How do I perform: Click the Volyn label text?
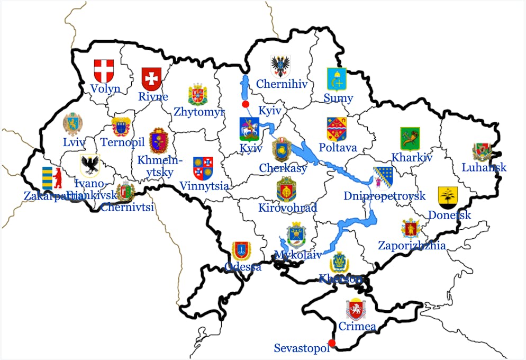[105, 88]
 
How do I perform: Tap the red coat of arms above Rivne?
[152, 79]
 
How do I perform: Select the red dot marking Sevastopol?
[332, 343]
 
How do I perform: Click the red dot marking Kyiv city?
[245, 104]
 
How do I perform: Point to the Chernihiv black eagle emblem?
[280, 67]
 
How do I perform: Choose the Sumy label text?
[338, 98]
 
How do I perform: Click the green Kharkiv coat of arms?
[410, 139]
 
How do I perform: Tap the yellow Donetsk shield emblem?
[448, 197]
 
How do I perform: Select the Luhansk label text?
[484, 167]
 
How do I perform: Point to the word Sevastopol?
[302, 348]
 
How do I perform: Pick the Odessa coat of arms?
[241, 251]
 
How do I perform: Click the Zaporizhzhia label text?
[412, 246]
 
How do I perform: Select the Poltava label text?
[338, 147]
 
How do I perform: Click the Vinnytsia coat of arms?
[203, 168]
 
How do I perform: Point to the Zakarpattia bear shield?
[51, 178]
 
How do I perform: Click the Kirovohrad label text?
[287, 208]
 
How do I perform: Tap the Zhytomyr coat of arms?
[198, 94]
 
